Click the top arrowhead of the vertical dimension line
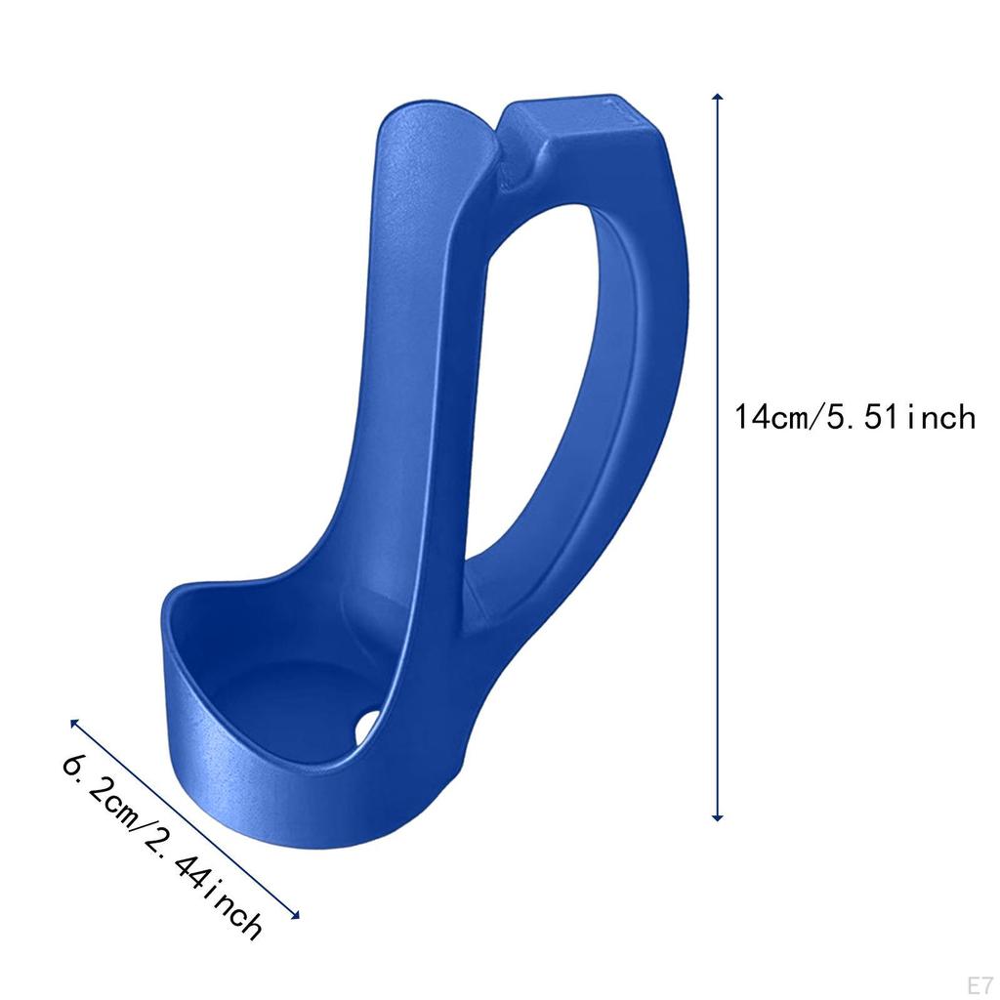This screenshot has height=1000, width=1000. (718, 98)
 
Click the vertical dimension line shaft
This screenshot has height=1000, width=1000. (718, 586)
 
